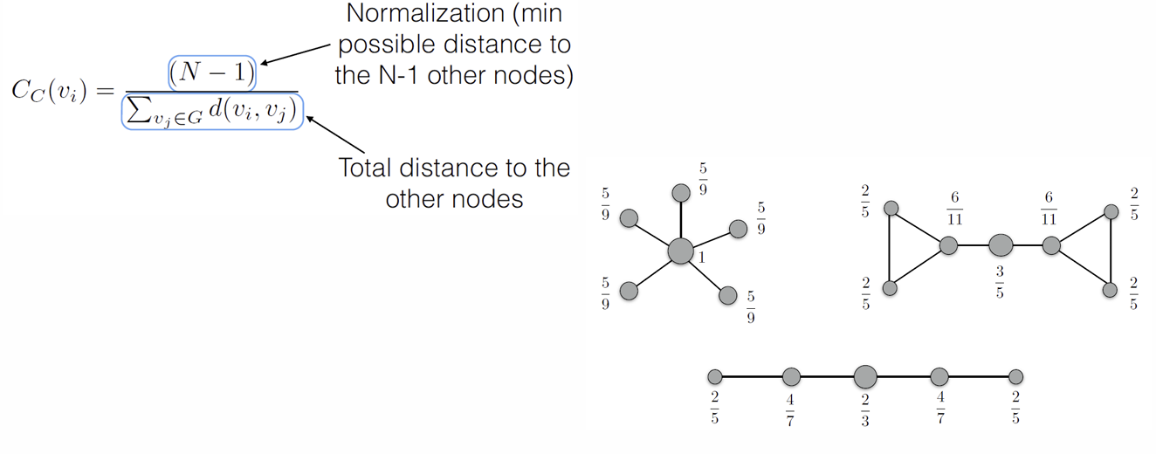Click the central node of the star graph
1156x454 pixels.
(681, 251)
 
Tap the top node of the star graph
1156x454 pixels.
(681, 192)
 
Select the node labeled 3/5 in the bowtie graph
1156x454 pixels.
(1001, 245)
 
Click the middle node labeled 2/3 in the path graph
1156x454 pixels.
(865, 376)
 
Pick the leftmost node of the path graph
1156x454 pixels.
(714, 377)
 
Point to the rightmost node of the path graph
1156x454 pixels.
(1015, 377)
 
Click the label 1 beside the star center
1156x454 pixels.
(700, 258)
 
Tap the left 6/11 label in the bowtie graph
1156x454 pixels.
(954, 208)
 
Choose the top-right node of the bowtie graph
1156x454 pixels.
(1111, 211)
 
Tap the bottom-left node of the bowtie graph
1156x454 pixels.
(891, 287)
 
